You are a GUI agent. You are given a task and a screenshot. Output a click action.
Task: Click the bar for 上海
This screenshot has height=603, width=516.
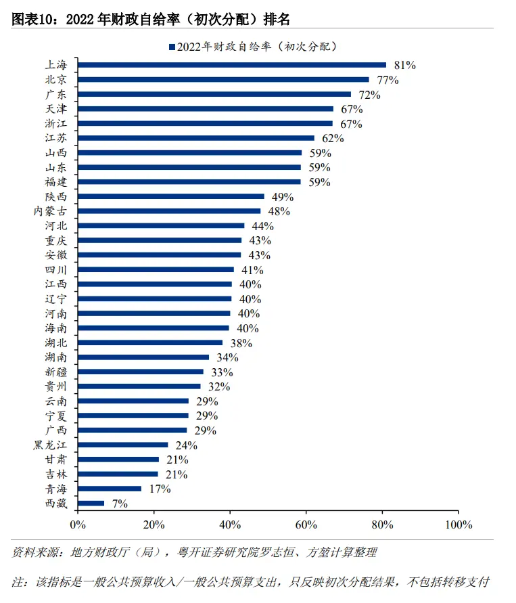[232, 65]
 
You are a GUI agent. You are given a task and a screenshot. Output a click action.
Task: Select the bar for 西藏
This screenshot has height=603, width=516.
[91, 504]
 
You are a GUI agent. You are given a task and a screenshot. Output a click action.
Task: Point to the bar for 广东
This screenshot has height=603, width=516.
[214, 94]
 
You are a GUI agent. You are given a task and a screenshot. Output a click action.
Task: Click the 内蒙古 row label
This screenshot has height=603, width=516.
[51, 211]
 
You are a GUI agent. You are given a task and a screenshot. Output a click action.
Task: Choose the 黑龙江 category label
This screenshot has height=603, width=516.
[51, 445]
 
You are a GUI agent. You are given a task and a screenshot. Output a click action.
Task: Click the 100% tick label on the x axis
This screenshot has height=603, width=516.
[459, 524]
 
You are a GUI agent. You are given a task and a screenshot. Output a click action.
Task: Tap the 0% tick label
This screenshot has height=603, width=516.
[78, 524]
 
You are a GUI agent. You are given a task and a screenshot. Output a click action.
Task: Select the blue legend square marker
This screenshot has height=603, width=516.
[172, 47]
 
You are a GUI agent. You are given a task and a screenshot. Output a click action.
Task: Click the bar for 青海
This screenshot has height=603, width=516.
[110, 489]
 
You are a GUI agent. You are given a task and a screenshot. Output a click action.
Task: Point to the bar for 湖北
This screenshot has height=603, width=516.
[150, 342]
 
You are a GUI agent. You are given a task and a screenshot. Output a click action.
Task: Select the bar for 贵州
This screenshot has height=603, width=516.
[139, 386]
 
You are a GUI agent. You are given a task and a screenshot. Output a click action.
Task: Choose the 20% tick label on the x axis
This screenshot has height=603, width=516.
[154, 524]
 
